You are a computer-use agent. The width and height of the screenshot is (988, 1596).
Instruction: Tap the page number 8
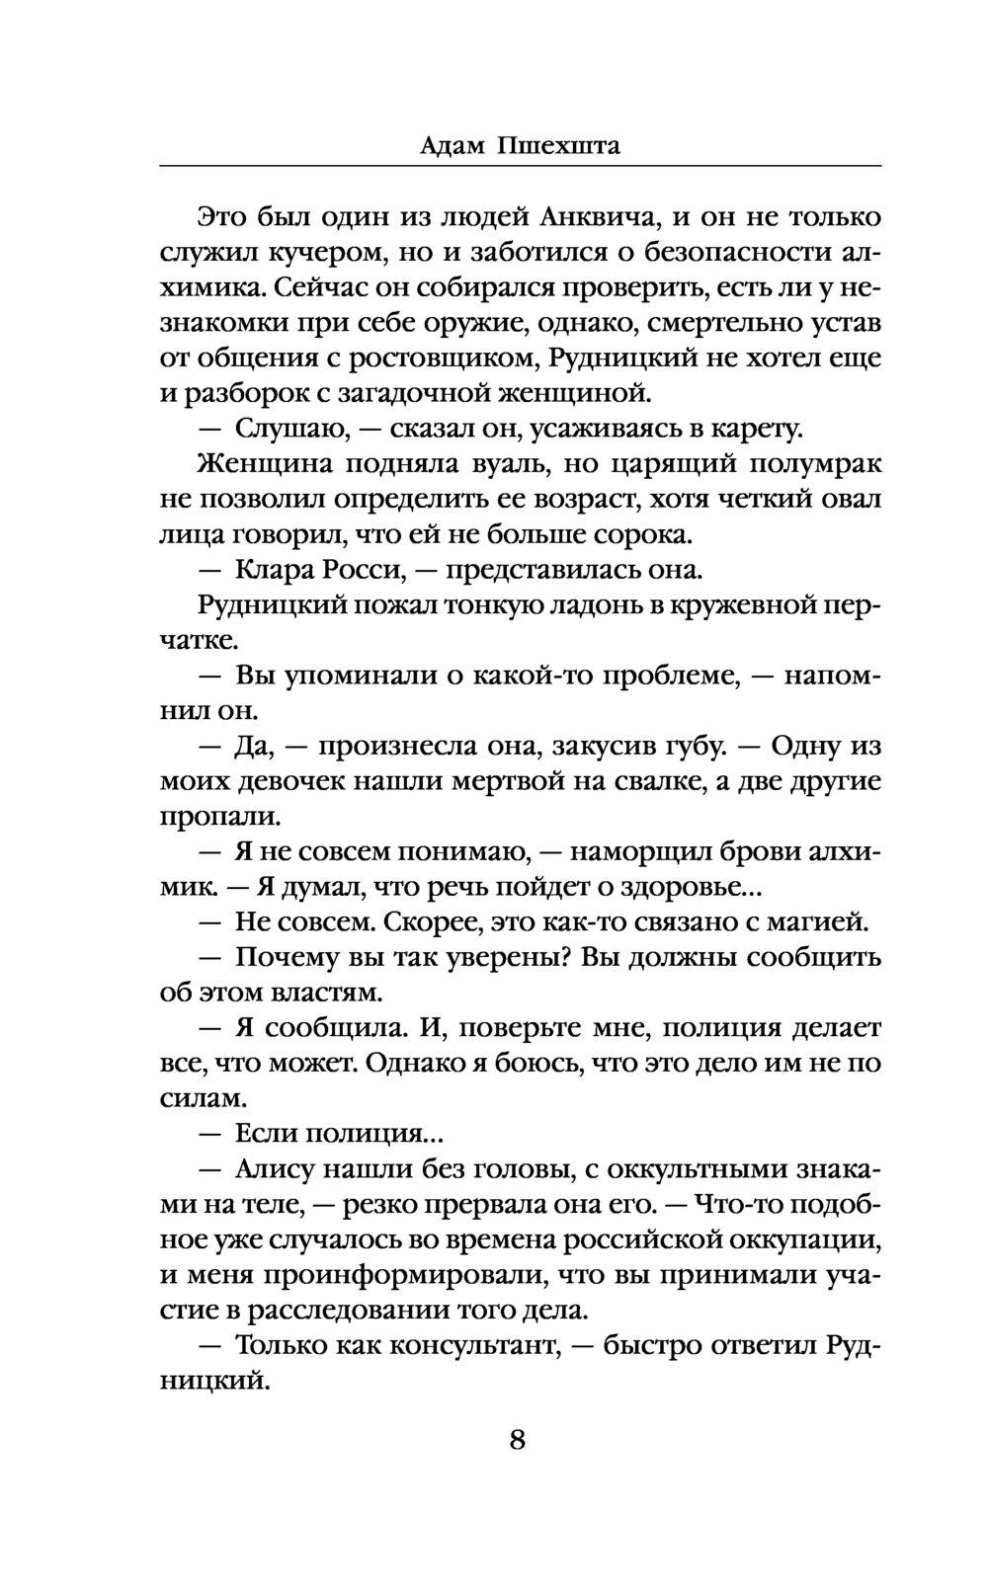[518, 1439]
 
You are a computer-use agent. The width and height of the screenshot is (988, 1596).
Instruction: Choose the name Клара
[276, 571]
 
